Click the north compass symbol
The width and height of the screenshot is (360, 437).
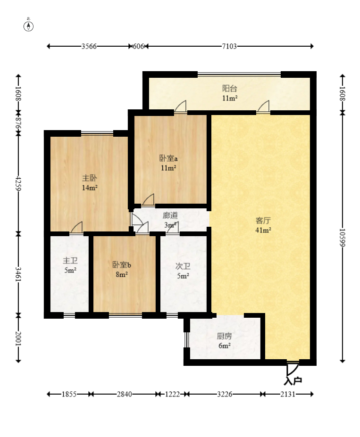click(28, 25)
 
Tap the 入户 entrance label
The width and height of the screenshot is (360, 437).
click(293, 381)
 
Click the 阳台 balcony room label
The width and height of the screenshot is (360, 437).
click(229, 89)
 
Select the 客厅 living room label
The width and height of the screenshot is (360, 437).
click(263, 221)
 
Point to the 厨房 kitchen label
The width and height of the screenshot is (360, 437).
click(224, 337)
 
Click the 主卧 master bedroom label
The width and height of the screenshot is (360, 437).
click(90, 178)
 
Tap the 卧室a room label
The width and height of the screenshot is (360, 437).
click(168, 158)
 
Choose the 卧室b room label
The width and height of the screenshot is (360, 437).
click(122, 265)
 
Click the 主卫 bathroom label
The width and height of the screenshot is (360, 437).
click(70, 261)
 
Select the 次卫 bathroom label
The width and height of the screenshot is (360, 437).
click(183, 266)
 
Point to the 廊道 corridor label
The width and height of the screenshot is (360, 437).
click(170, 215)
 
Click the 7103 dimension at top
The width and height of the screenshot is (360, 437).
click(229, 46)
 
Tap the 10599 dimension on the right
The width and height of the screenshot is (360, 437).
click(343, 238)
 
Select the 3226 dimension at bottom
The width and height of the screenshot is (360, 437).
click(225, 395)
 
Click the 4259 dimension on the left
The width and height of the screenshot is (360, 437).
click(18, 183)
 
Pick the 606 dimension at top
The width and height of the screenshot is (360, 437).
click(138, 46)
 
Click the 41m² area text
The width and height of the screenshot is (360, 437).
click(263, 230)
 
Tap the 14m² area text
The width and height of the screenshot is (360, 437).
click(90, 188)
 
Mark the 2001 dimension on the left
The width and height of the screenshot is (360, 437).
click(18, 338)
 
